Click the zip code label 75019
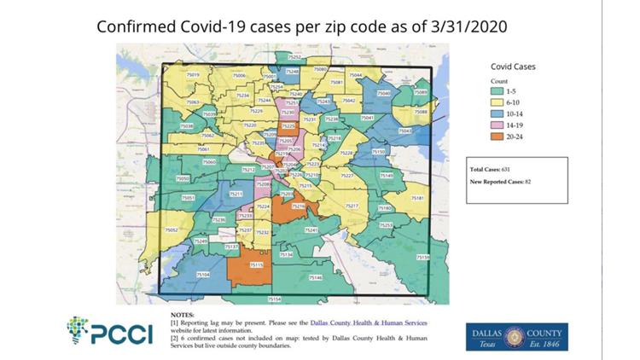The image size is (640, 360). coord(192,75)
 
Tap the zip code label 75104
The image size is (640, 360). coord(202,275)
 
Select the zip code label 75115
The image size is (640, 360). coord(256,265)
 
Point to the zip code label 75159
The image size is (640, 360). coord(423,257)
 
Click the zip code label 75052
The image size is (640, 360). coord(171,230)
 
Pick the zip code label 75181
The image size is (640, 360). coord(417,198)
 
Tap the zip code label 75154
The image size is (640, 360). coord(274,299)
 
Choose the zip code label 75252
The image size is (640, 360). coord(296,56)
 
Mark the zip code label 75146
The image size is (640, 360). coord(315,277)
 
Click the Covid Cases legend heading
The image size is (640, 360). coord(513,66)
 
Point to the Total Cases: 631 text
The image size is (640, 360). coord(491,170)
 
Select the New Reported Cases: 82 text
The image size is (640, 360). coord(500,182)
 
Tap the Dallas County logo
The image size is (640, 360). coord(514,335)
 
